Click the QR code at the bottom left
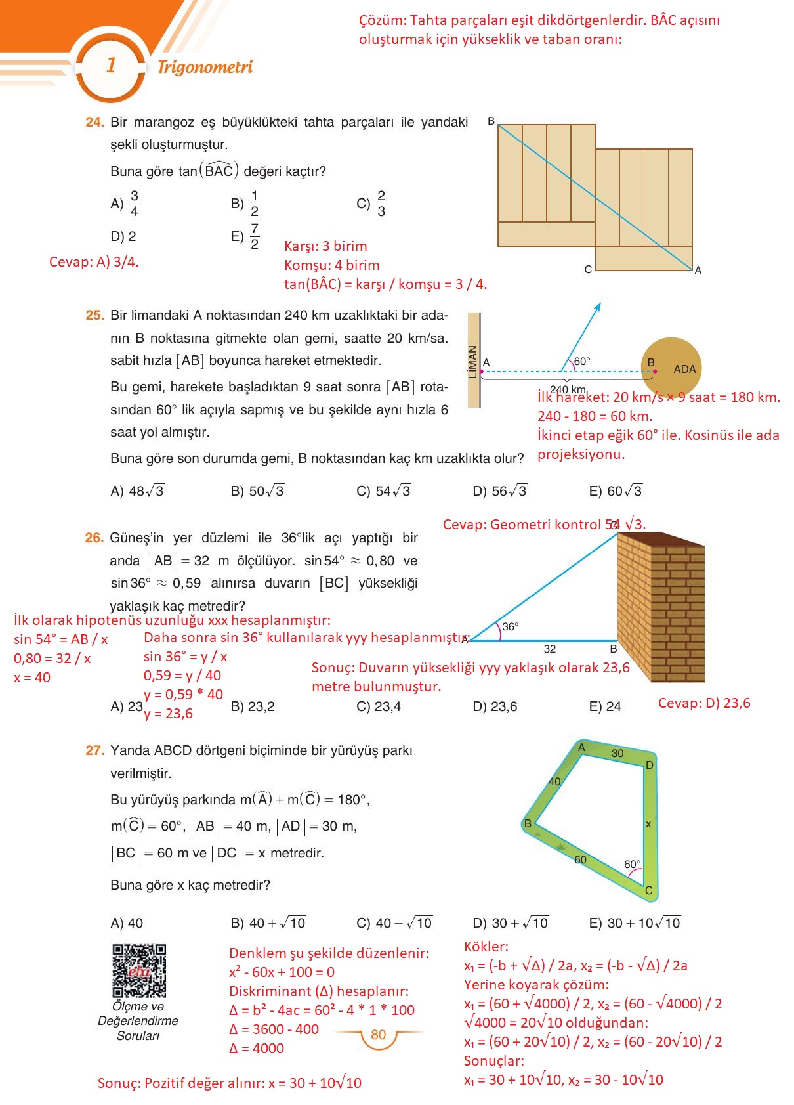pyautogui.click(x=138, y=970)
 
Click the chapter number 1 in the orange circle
pyautogui.click(x=111, y=65)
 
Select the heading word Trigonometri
pyautogui.click(x=205, y=66)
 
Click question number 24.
pyautogui.click(x=94, y=122)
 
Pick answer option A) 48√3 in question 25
pyautogui.click(x=137, y=491)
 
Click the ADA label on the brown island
pyautogui.click(x=684, y=369)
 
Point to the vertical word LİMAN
pyautogui.click(x=472, y=362)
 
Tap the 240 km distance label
pyautogui.click(x=568, y=389)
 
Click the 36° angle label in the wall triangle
pyautogui.click(x=510, y=626)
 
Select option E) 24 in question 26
pyautogui.click(x=604, y=706)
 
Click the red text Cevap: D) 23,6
pyautogui.click(x=703, y=703)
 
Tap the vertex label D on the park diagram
pyautogui.click(x=649, y=765)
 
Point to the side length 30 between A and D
pyautogui.click(x=617, y=753)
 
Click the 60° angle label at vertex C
pyautogui.click(x=632, y=864)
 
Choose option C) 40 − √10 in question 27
pyautogui.click(x=394, y=923)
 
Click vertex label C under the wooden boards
pyautogui.click(x=588, y=269)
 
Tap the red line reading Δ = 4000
pyautogui.click(x=257, y=1049)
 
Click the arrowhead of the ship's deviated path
pyautogui.click(x=598, y=307)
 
